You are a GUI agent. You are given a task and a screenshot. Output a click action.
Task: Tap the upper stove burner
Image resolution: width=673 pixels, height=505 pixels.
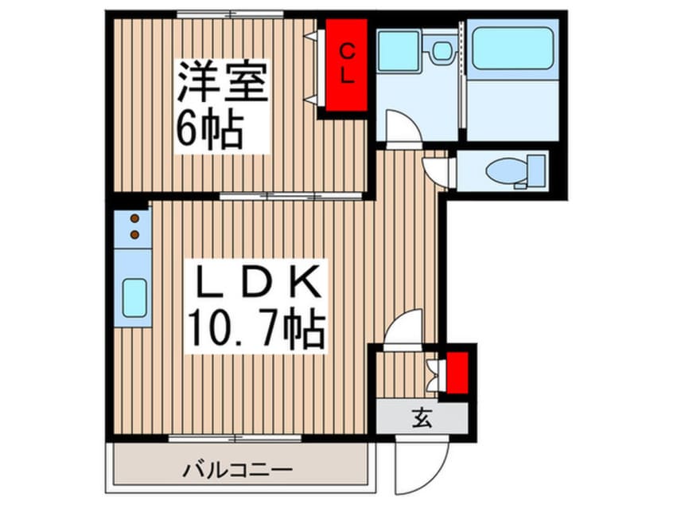pyautogui.click(x=134, y=217)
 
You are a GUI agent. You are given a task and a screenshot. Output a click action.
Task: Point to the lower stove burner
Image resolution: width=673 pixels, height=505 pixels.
pyautogui.click(x=134, y=233)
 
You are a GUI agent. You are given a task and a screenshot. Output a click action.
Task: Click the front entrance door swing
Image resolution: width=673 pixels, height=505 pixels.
pyautogui.click(x=413, y=465)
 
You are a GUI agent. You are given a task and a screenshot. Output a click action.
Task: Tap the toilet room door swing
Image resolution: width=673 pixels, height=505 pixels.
pyautogui.click(x=438, y=170)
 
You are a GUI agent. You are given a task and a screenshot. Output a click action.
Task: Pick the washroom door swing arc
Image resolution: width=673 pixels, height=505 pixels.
pyautogui.click(x=400, y=127)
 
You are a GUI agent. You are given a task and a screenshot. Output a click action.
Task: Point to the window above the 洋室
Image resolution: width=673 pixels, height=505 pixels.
pyautogui.click(x=230, y=14)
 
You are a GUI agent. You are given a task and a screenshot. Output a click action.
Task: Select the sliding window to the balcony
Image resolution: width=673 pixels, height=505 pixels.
pyautogui.click(x=235, y=438)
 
